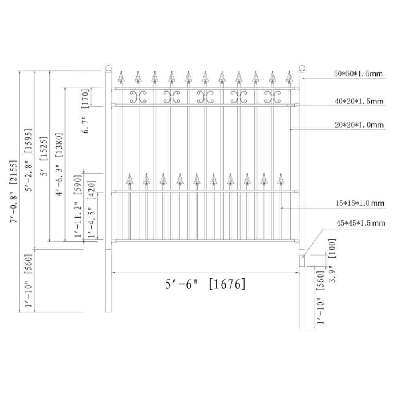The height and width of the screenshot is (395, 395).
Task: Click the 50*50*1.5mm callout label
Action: point(358,73)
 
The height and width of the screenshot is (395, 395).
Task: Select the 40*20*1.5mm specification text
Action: point(359,101)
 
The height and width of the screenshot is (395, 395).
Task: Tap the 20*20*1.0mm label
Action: point(359,125)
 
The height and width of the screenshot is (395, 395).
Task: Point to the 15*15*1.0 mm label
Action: point(360,203)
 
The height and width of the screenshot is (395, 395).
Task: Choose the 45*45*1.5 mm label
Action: point(361,223)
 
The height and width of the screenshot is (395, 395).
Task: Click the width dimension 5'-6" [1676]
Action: point(205,284)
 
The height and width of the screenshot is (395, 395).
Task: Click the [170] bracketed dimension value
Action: point(85,98)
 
